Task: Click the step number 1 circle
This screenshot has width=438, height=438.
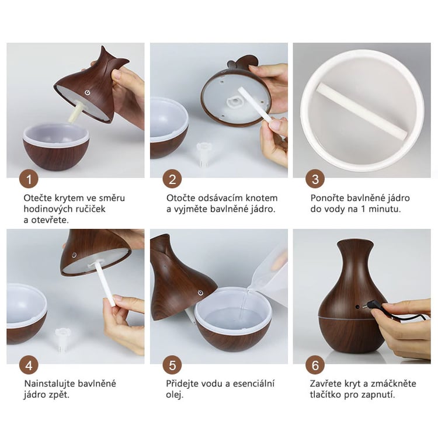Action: tap(29, 179)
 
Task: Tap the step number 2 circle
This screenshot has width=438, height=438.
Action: tap(172, 179)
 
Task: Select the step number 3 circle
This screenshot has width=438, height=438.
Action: tap(315, 179)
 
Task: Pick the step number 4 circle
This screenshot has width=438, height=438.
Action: tap(29, 365)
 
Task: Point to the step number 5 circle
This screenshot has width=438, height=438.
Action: tap(172, 365)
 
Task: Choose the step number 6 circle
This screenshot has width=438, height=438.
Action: tap(315, 365)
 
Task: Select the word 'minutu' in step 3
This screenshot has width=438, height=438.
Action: tap(385, 209)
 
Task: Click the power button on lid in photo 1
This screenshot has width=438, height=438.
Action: tap(88, 92)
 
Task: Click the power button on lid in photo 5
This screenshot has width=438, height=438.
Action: tap(200, 293)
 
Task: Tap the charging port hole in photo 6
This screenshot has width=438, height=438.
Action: tap(357, 307)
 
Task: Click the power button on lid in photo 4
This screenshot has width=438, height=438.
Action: tap(74, 255)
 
